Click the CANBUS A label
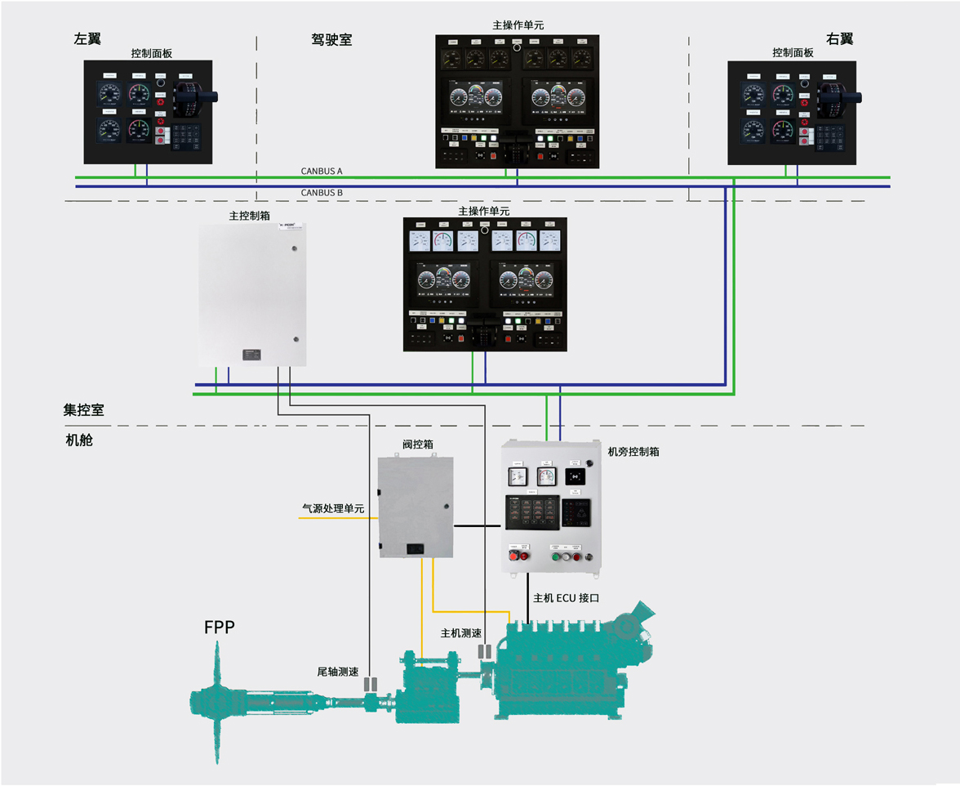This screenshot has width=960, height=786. coord(322,172)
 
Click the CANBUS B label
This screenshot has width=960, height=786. coord(322,193)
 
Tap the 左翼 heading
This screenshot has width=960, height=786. coord(87,38)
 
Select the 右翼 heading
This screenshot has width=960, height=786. coord(839,38)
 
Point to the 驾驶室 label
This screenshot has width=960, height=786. coord(331,38)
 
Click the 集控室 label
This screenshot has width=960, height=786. coord(84,409)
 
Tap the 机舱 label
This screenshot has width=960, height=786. coord(79,440)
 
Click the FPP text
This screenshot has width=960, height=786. coord(220,627)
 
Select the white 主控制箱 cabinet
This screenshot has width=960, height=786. coord(253,295)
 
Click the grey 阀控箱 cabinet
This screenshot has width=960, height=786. coord(416,507)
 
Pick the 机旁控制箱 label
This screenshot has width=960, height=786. coord(633,451)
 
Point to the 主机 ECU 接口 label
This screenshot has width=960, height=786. coord(567,598)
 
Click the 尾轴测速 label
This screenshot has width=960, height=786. coord(338,672)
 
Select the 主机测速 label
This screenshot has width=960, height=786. coord(461,633)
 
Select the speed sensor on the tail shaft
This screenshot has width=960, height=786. coord(370,685)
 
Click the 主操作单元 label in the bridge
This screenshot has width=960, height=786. coord(518,25)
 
